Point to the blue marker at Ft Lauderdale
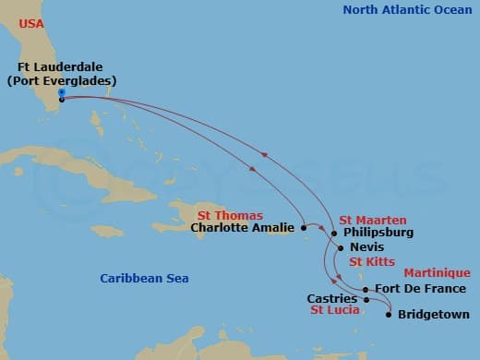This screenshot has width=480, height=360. (x=60, y=92)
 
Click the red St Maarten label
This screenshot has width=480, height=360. (x=372, y=220)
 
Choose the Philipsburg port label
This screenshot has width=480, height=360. (x=378, y=233)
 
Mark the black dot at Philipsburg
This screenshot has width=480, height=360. (x=333, y=234)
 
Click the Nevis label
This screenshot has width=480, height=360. (x=367, y=248)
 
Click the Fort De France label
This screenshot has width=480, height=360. (x=414, y=288)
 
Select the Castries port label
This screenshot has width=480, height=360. (x=332, y=299)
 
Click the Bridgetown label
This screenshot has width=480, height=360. (x=434, y=315)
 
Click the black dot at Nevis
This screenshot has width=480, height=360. (x=341, y=247)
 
